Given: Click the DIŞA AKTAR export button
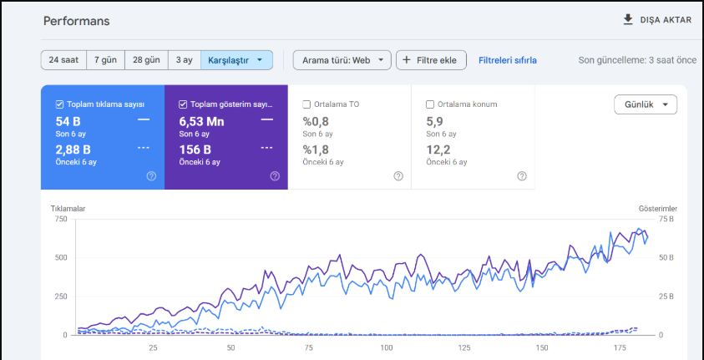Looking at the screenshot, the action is pyautogui.click(x=657, y=20).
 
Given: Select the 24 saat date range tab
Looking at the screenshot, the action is pyautogui.click(x=63, y=60).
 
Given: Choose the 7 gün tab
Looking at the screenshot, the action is pyautogui.click(x=105, y=60).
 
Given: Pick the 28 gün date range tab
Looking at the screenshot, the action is pyautogui.click(x=146, y=60).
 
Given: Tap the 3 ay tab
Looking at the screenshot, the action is pyautogui.click(x=185, y=60).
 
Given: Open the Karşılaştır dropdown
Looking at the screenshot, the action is pyautogui.click(x=236, y=60).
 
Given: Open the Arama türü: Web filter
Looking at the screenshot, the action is pyautogui.click(x=342, y=60).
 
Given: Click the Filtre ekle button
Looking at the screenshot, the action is pyautogui.click(x=431, y=60).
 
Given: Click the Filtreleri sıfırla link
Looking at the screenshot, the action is pyautogui.click(x=508, y=60).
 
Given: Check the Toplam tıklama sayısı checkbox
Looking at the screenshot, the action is pyautogui.click(x=59, y=104).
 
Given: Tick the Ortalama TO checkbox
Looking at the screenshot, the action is pyautogui.click(x=306, y=104).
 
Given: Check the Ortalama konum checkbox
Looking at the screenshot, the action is pyautogui.click(x=430, y=104).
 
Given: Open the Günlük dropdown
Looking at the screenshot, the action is pyautogui.click(x=646, y=104).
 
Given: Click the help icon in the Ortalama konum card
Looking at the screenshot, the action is pyautogui.click(x=522, y=176).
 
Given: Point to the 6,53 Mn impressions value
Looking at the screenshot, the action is pyautogui.click(x=201, y=122).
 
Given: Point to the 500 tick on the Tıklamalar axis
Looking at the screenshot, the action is pyautogui.click(x=61, y=257).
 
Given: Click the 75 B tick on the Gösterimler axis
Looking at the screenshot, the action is pyautogui.click(x=666, y=219).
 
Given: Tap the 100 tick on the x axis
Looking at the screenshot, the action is pyautogui.click(x=386, y=347).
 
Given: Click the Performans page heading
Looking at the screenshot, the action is pyautogui.click(x=76, y=21).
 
